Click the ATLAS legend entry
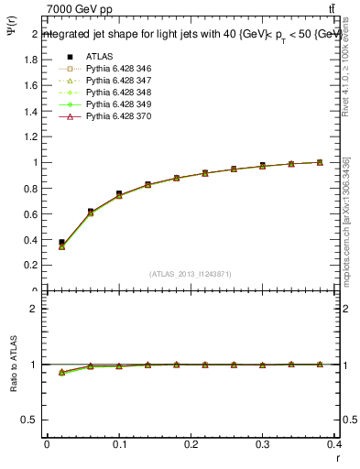tap(98, 56)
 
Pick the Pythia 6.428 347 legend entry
tap(111, 81)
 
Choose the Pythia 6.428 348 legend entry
tap(111, 93)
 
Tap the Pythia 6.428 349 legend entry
tap(111, 104)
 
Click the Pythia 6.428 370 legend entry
tap(111, 116)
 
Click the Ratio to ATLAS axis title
tap(12, 365)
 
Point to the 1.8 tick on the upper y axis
tap(31, 60)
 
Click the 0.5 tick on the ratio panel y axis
tap(31, 420)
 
